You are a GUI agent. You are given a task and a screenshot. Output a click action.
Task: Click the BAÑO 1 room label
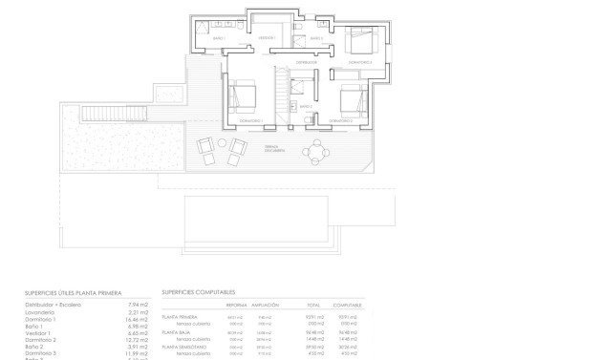(x=218, y=38)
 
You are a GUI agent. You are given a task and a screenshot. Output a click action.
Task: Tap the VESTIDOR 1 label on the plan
(x=267, y=38)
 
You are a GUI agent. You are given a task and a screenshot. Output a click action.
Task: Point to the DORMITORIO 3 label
(x=359, y=62)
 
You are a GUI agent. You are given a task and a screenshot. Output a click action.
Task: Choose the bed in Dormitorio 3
(x=359, y=41)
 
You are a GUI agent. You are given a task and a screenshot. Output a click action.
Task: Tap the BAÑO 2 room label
(x=306, y=107)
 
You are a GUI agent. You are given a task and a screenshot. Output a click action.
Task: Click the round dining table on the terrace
(x=315, y=149)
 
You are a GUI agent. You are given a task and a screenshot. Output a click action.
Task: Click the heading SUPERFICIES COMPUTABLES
(x=199, y=292)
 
